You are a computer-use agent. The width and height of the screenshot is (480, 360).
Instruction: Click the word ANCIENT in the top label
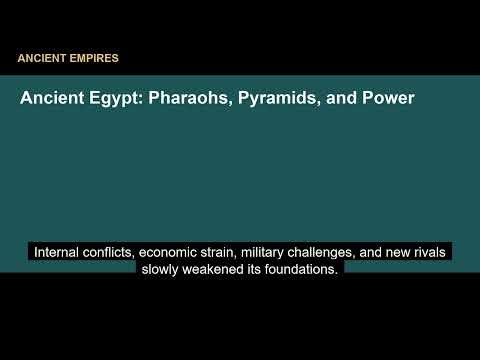(41, 58)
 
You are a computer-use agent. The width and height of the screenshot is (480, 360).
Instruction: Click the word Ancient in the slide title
(51, 100)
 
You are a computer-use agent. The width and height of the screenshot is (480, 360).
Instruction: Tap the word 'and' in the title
(341, 100)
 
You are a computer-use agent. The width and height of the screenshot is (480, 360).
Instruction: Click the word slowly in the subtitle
(161, 269)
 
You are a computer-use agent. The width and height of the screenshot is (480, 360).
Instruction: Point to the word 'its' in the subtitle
(257, 269)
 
